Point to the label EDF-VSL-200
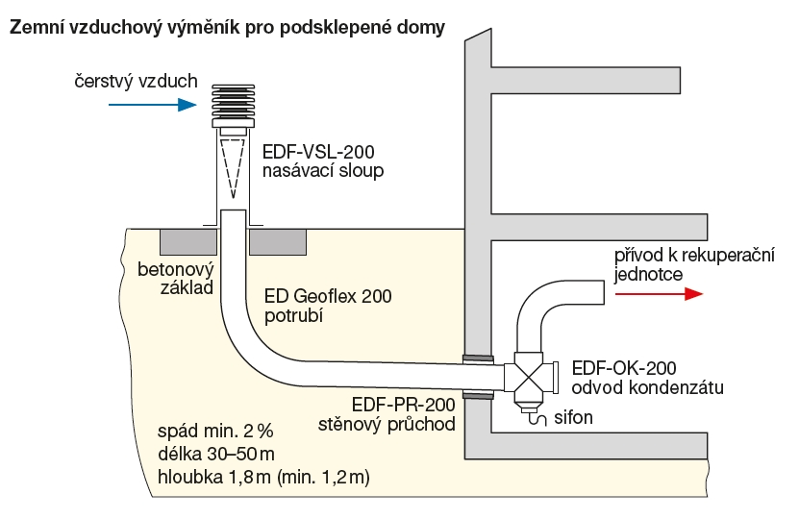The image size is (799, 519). tap(318, 153)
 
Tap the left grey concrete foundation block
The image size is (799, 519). tap(188, 241)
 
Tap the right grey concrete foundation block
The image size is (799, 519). tap(278, 241)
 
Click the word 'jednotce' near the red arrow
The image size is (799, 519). tap(648, 275)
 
